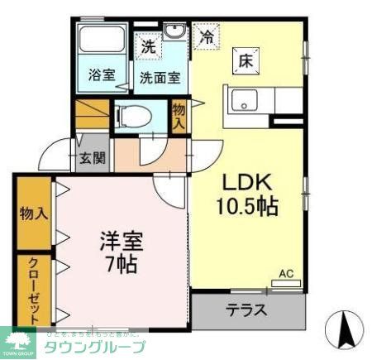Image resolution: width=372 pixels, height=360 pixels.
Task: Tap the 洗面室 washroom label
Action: pyautogui.click(x=159, y=79)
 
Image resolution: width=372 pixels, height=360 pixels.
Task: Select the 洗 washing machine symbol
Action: pyautogui.click(x=148, y=47)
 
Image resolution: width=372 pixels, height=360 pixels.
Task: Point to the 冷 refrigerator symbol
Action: pyautogui.click(x=207, y=36)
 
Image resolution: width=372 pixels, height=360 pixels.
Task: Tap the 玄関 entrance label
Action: pyautogui.click(x=92, y=158)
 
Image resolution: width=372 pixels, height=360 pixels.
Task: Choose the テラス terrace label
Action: pyautogui.click(x=246, y=311)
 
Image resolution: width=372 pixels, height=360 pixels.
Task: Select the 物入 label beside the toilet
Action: pyautogui.click(x=179, y=115)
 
